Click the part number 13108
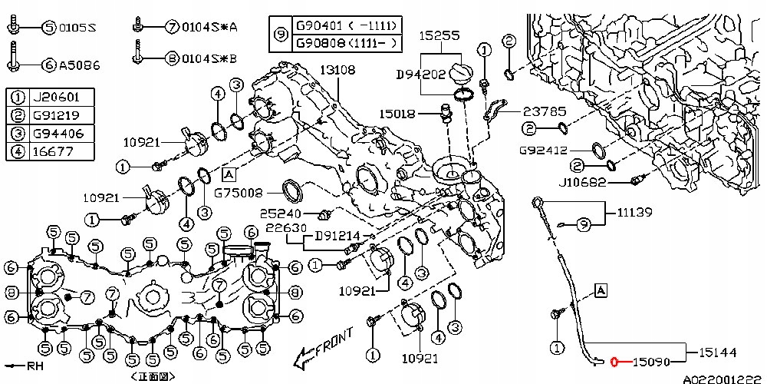click(337, 70)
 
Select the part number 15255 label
click(439, 35)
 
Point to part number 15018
click(397, 114)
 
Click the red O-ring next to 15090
click(614, 359)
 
